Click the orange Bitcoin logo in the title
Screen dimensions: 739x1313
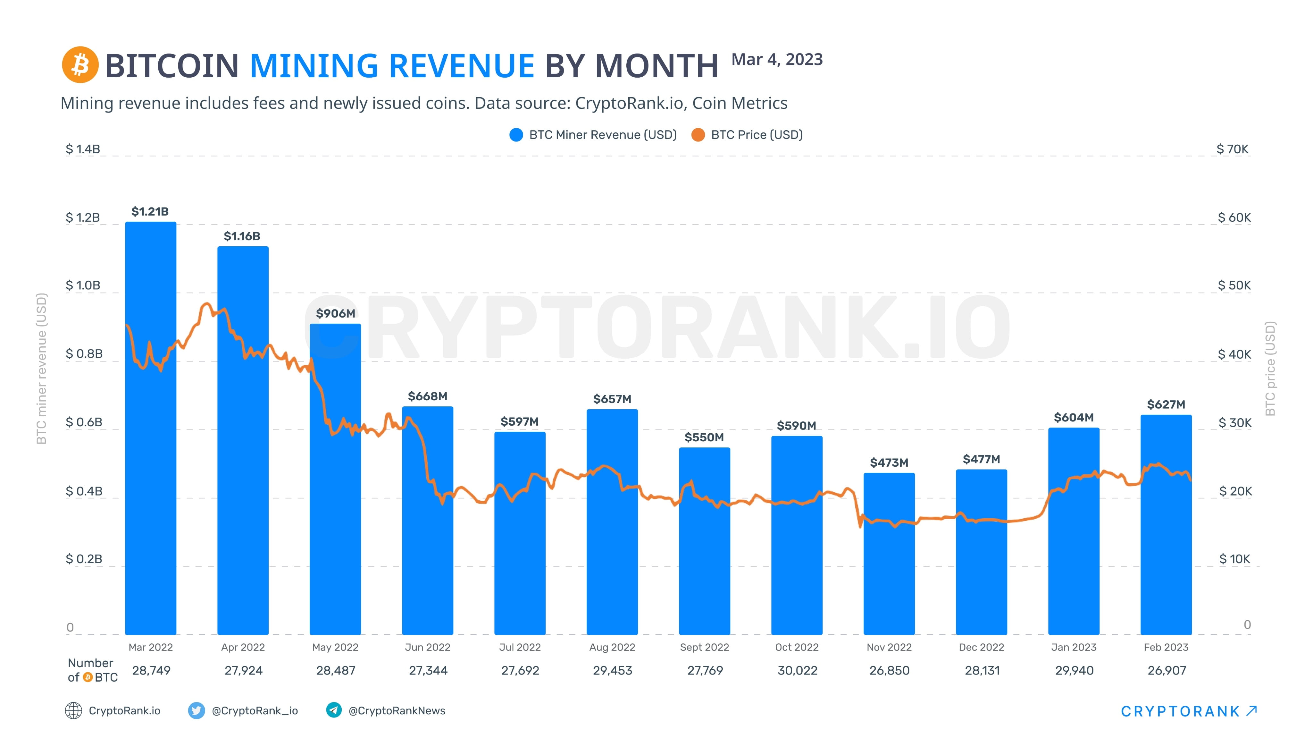tap(80, 65)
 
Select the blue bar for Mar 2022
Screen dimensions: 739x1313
tap(151, 429)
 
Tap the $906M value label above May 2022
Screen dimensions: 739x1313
tap(335, 314)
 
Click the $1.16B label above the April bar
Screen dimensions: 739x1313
tap(242, 236)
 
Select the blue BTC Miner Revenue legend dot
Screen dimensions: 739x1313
tap(516, 135)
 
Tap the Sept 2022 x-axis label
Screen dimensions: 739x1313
tap(704, 647)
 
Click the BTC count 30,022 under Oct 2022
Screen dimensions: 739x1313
tap(797, 671)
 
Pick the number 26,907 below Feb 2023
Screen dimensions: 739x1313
tap(1167, 671)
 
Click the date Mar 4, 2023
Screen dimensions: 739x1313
tap(777, 60)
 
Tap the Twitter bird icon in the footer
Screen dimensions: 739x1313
tap(196, 710)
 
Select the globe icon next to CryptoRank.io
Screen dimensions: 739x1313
tap(73, 710)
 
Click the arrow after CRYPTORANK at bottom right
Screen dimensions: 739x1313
tap(1251, 710)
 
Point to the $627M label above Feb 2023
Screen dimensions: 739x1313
tap(1166, 404)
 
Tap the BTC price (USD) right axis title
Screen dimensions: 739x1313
tap(1270, 368)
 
